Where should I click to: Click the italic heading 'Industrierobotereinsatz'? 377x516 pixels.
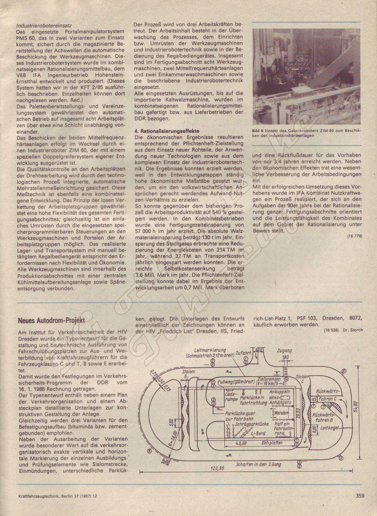click(44, 25)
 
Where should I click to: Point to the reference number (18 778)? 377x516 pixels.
click(355, 236)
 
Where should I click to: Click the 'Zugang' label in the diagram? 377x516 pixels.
click(284, 351)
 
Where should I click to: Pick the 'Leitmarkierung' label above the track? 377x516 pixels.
click(208, 351)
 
